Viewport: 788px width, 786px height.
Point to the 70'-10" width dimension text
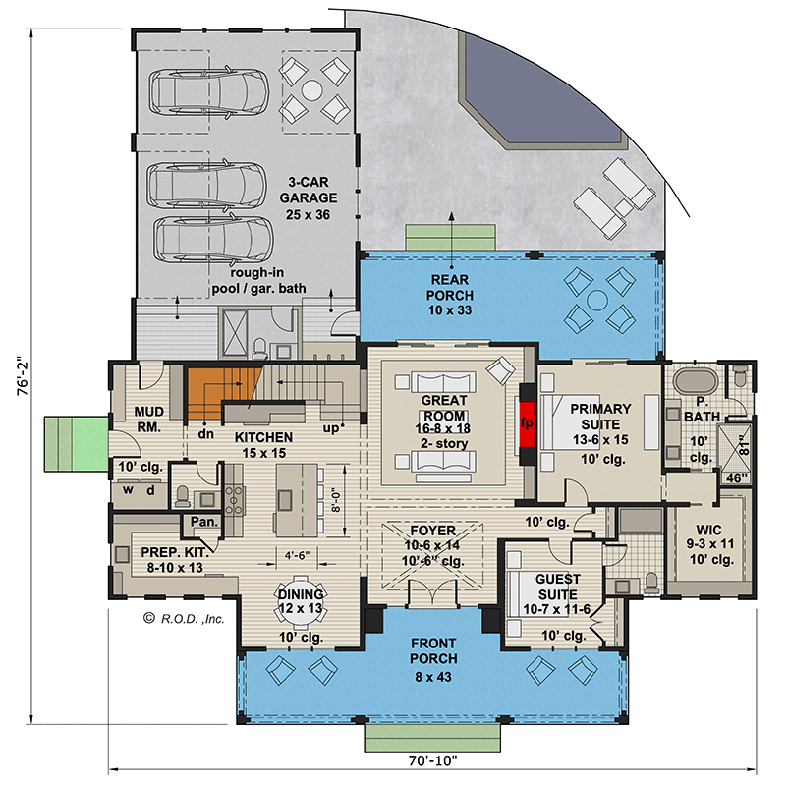tap(431, 759)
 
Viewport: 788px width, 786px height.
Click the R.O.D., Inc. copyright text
tap(185, 619)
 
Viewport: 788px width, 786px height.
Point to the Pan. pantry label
tap(204, 522)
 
